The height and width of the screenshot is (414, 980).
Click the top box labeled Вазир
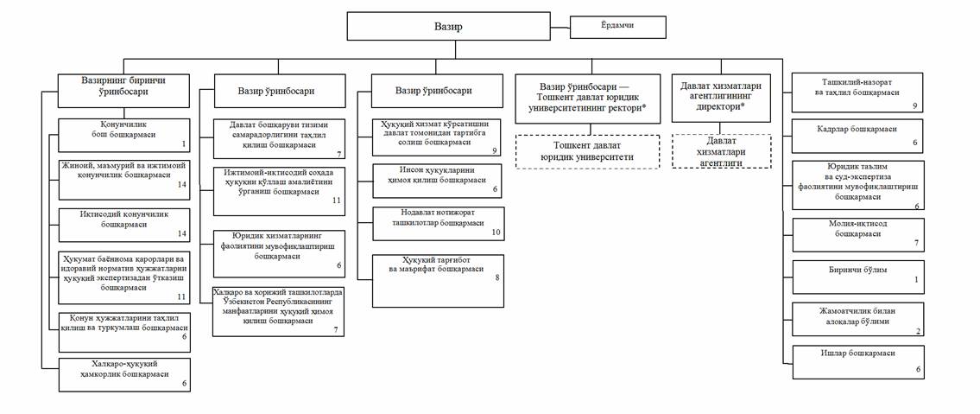[448, 27]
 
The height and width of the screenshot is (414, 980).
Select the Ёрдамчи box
[618, 27]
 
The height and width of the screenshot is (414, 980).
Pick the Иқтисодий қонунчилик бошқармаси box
[123, 223]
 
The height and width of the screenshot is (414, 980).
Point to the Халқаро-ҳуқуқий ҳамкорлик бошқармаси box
[123, 373]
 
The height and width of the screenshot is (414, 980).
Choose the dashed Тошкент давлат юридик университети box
[586, 152]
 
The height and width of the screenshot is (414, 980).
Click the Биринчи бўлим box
[860, 276]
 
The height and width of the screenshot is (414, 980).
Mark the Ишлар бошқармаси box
[860, 360]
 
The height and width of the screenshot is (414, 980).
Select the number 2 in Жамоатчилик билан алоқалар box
[918, 330]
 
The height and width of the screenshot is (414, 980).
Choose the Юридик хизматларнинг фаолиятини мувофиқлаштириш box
[280, 250]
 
